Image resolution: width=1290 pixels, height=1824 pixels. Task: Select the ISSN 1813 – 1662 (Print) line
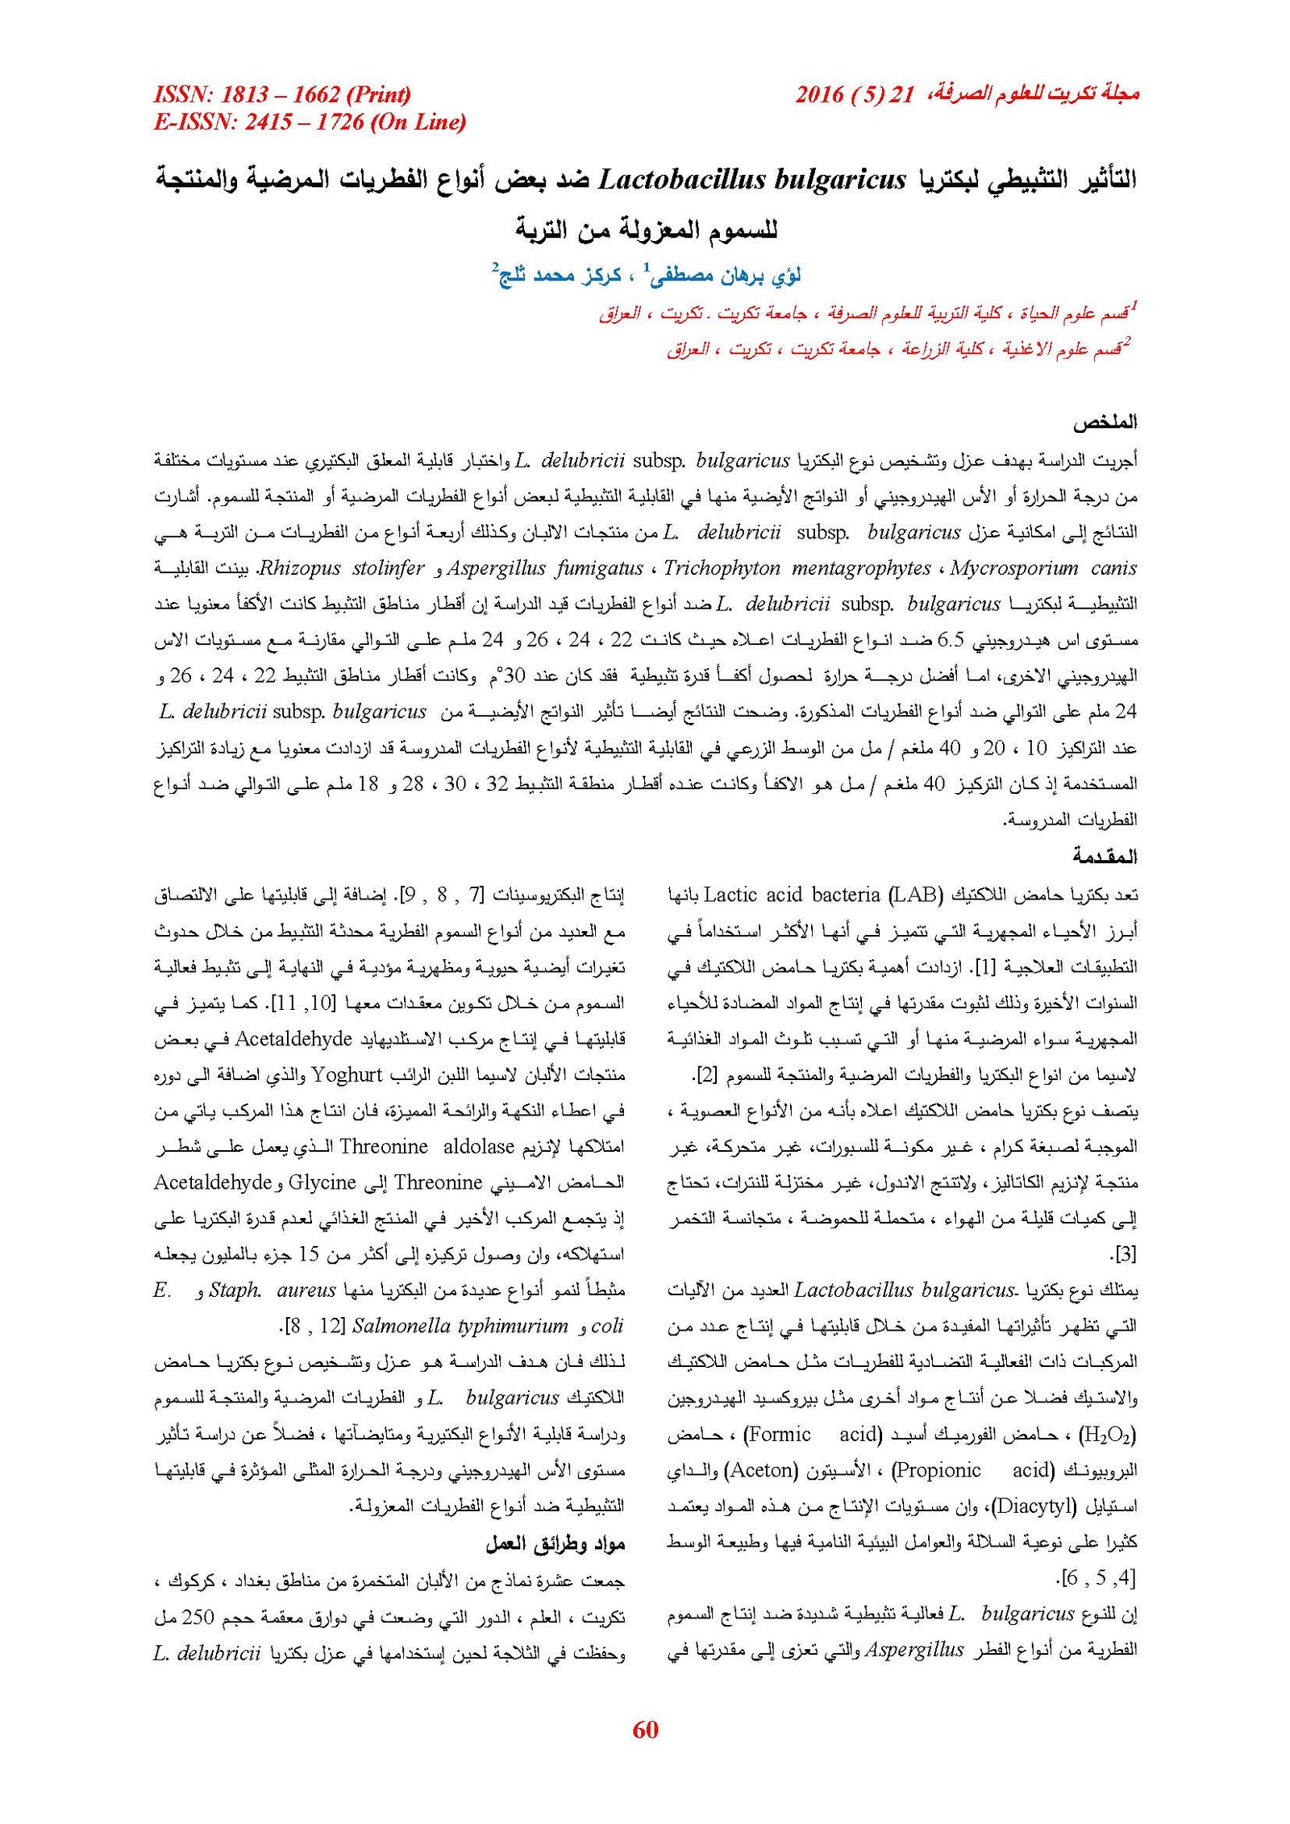tap(282, 95)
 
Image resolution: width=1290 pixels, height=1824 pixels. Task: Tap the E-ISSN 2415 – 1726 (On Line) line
tap(310, 123)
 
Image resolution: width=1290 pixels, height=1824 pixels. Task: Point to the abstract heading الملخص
tap(1105, 422)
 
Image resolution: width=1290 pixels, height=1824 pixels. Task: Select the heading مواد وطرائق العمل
tap(556, 1544)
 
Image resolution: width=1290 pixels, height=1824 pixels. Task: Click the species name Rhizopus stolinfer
tap(341, 568)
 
